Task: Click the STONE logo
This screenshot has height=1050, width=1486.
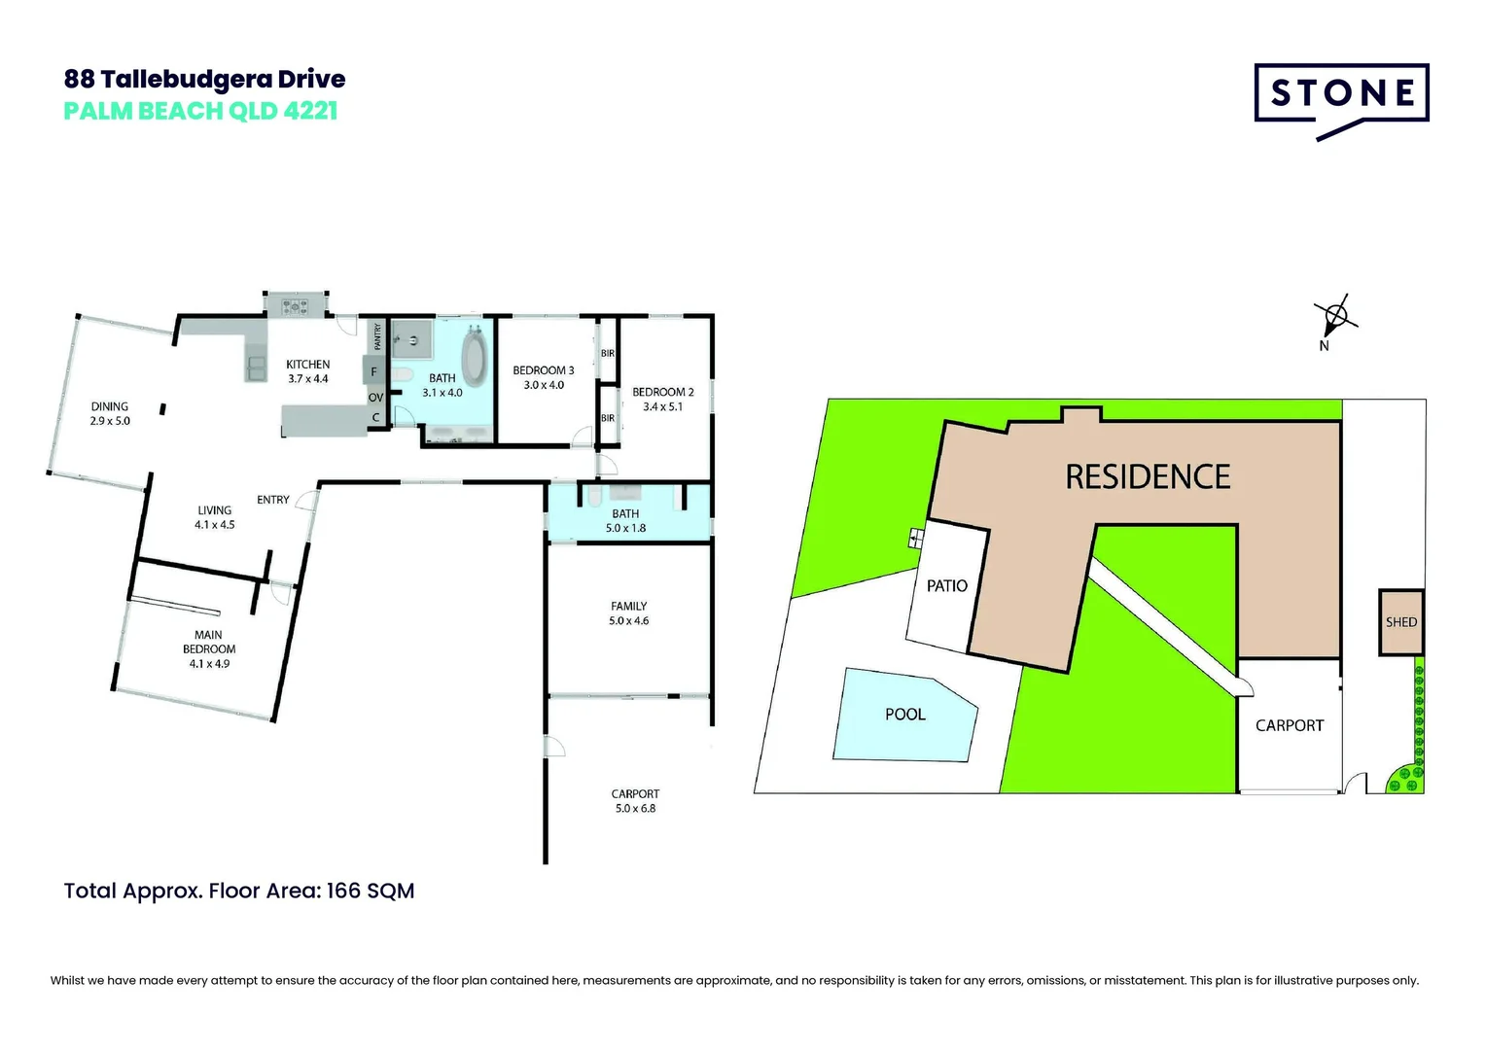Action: click(x=1341, y=94)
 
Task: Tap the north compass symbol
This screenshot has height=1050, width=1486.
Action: click(x=1336, y=315)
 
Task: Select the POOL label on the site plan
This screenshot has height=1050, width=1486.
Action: click(x=904, y=715)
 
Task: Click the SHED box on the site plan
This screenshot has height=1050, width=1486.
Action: click(x=1400, y=622)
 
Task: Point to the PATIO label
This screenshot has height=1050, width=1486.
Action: click(x=946, y=586)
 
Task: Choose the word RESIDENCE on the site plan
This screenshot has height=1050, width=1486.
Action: click(x=1148, y=477)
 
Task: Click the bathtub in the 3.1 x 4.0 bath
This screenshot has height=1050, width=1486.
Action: click(x=475, y=359)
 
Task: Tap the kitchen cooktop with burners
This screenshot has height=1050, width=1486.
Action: click(x=295, y=307)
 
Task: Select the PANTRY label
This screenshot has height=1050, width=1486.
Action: click(x=378, y=336)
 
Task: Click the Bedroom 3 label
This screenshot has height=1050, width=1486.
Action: click(x=544, y=370)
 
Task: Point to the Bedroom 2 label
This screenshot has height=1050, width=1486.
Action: click(x=663, y=393)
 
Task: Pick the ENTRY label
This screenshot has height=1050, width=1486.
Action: click(x=273, y=500)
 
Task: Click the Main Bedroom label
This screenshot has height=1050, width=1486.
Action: click(x=209, y=642)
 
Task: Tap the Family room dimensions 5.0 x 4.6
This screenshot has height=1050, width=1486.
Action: click(x=629, y=621)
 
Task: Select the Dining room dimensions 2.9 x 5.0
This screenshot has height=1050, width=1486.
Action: click(x=110, y=421)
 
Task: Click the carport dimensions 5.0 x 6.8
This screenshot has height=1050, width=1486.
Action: click(x=635, y=809)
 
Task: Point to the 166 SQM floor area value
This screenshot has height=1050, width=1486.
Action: click(x=371, y=891)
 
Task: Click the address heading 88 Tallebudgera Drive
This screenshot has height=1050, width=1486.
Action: click(x=204, y=79)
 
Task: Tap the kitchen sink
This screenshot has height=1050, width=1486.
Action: click(x=257, y=367)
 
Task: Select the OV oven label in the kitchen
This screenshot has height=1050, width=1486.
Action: click(x=375, y=398)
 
